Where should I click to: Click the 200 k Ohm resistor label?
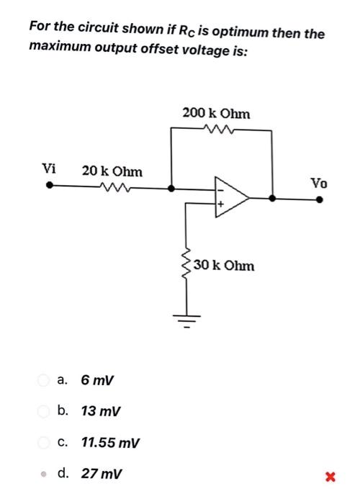[x=217, y=113]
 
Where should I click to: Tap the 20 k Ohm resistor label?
[x=112, y=171]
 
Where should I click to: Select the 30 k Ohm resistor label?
[x=224, y=266]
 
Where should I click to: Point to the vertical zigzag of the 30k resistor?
[x=186, y=267]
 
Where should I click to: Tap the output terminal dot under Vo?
[x=321, y=201]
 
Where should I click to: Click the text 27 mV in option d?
[x=102, y=474]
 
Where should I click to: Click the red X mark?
[x=330, y=476]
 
